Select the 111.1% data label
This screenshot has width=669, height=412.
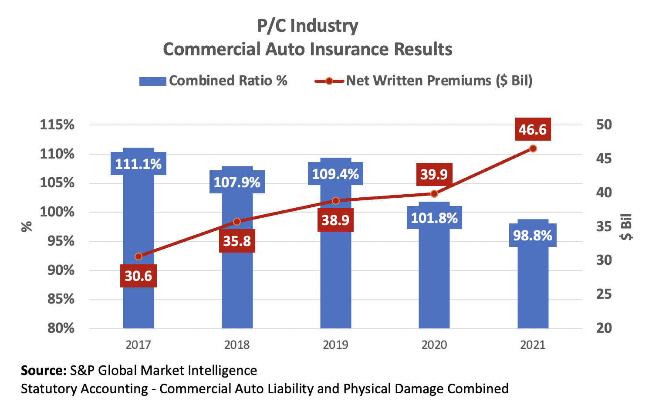coord(139,164)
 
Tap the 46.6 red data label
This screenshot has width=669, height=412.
coord(533,129)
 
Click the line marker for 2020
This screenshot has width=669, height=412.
coord(434,194)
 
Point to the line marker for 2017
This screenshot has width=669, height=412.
coord(139,257)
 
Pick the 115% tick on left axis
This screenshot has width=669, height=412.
coord(57,125)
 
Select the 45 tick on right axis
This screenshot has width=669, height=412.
coord(604,159)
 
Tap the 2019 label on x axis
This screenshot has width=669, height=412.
coord(335,345)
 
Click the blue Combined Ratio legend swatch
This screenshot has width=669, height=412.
coord(152,81)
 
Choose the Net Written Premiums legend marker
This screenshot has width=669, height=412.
coord(329,81)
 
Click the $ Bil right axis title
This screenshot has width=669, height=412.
coord(627,227)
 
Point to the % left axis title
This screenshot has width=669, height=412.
coord(27,226)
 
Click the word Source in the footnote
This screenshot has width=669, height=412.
coord(43,371)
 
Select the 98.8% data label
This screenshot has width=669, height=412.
coord(533,236)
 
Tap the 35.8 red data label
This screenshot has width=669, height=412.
coord(237,241)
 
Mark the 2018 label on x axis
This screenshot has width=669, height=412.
coord(237,345)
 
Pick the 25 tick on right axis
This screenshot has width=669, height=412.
coord(604,294)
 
